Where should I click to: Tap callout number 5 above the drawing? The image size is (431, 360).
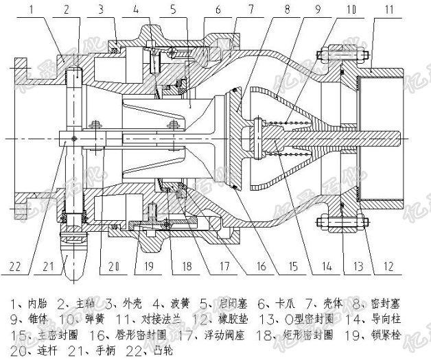[x=173, y=10]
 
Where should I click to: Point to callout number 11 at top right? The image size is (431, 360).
[x=389, y=10]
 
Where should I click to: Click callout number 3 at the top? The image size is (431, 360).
[x=100, y=10]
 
